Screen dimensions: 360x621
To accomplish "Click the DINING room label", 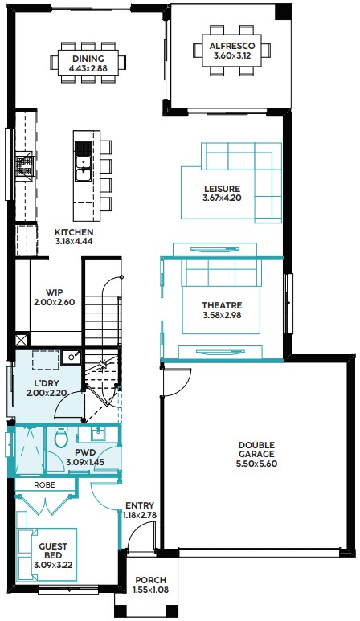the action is click(x=88, y=59).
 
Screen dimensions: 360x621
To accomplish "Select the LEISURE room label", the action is click(x=222, y=189).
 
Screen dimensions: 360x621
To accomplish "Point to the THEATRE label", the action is click(x=222, y=305).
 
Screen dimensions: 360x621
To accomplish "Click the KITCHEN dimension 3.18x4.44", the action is click(x=74, y=241).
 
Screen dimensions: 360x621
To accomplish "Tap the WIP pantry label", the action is click(x=55, y=292).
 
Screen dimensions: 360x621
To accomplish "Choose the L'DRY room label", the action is click(x=47, y=384).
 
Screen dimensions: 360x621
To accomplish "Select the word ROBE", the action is click(x=44, y=485).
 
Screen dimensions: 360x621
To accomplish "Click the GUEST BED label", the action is click(x=53, y=550).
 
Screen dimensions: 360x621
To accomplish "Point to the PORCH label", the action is click(x=150, y=580).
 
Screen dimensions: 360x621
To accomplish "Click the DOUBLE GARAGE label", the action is click(x=256, y=450).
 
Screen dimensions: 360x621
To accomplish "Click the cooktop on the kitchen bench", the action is click(x=24, y=165).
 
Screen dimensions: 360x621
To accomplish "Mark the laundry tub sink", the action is click(x=72, y=357).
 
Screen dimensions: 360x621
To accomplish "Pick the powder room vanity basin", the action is click(x=97, y=435).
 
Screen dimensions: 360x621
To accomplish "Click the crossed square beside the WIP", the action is click(x=22, y=339).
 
